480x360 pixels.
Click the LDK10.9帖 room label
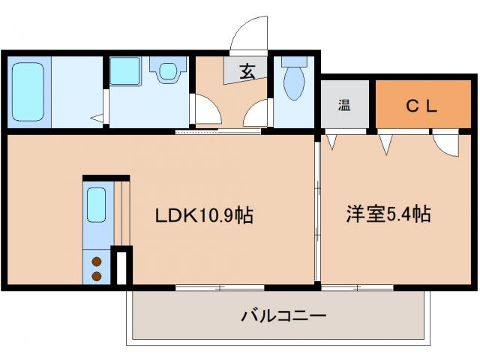coord(203,216)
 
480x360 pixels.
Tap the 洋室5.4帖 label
coord(388,214)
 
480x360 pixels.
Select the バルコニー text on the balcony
coord(283,316)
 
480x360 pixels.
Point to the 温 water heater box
coord(343,106)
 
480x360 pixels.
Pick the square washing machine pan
coord(124,72)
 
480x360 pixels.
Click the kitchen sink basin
coord(95,205)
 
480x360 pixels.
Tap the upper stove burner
coord(96,262)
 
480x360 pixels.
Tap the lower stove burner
coord(96,275)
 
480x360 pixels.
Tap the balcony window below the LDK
coord(220,287)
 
